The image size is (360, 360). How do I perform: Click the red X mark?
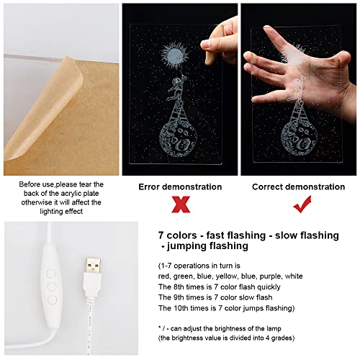click(x=181, y=204)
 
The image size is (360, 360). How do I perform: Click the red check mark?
click(x=302, y=204)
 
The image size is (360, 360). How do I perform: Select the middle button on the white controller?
click(x=51, y=287)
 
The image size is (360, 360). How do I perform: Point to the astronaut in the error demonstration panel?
click(x=176, y=88)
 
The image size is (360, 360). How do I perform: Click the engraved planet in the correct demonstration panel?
click(x=299, y=138)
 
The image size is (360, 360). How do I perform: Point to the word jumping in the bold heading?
click(x=186, y=246)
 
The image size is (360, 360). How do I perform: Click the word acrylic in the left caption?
click(x=70, y=194)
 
